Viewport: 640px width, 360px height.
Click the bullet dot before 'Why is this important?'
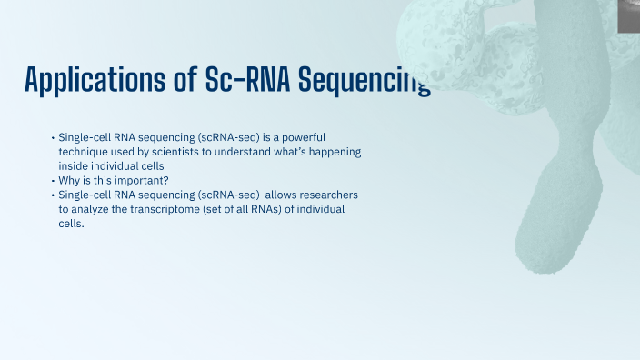click(53, 181)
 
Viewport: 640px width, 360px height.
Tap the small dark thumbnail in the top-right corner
click(628, 15)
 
